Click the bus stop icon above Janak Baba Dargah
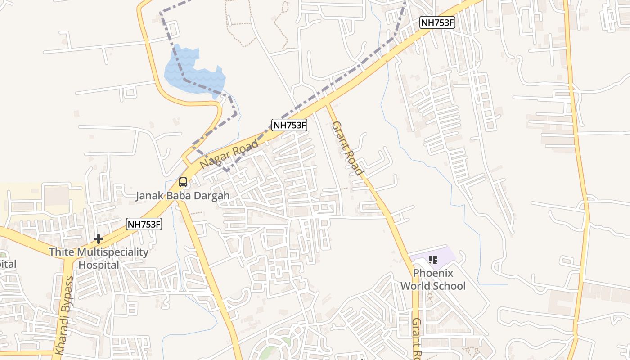(x=183, y=182)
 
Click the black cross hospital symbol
(x=99, y=239)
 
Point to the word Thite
(x=61, y=252)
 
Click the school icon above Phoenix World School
(x=433, y=259)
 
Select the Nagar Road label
(x=229, y=154)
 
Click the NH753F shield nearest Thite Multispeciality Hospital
(x=144, y=224)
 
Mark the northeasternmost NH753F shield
(x=437, y=22)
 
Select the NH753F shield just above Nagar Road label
(x=289, y=126)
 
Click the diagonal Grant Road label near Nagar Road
(x=347, y=148)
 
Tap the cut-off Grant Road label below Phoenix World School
(x=416, y=337)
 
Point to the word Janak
(x=151, y=196)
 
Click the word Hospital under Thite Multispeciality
(x=99, y=265)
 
